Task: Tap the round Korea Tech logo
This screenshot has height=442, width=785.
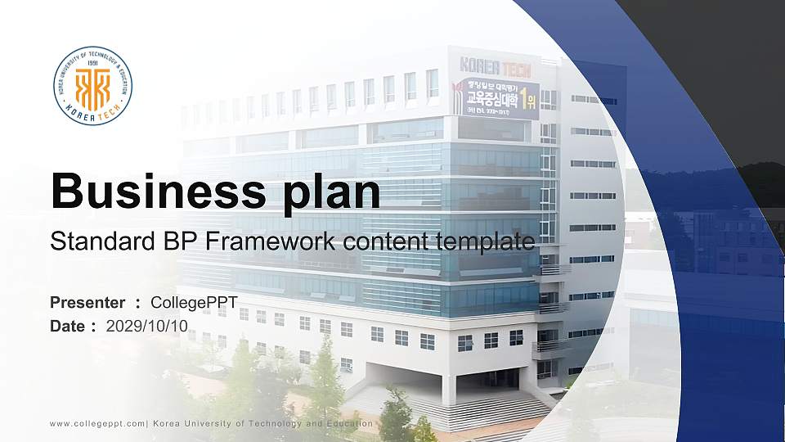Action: (92, 86)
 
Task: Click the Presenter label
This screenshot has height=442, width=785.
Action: (87, 303)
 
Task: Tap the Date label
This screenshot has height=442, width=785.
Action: (68, 326)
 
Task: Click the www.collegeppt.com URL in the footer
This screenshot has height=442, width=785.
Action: (97, 423)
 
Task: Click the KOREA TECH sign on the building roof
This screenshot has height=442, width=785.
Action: (496, 65)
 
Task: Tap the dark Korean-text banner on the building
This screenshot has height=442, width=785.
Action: (497, 99)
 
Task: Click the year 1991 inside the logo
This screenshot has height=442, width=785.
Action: (92, 62)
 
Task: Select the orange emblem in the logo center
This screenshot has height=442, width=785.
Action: (92, 88)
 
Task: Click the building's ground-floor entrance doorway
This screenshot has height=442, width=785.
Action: (491, 378)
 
